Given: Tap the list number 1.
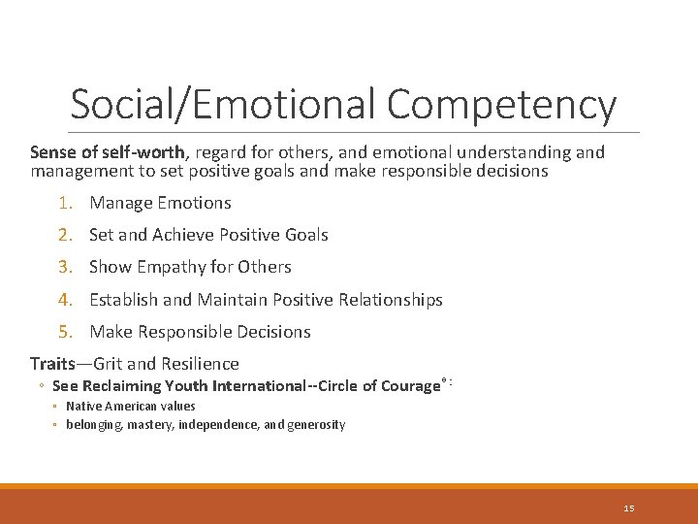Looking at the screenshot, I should pos(64,203).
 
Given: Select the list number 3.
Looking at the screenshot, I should pos(64,267).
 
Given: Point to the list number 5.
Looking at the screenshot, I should pos(64,332).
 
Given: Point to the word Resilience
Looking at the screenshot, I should pos(200,364).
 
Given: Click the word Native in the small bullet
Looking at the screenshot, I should pos(82,407).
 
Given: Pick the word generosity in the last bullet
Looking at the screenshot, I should pos(315,425).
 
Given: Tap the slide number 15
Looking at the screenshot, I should pos(629,508).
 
